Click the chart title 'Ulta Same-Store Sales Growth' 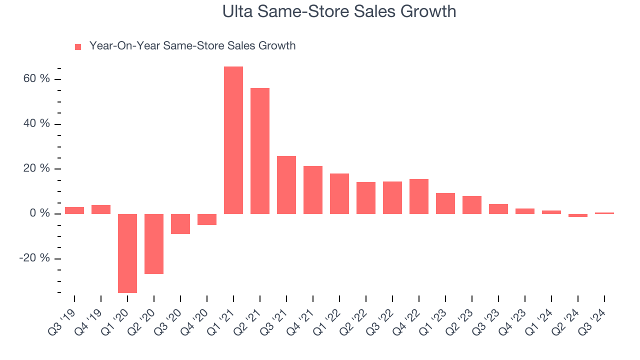(339, 11)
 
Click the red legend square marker (78, 47)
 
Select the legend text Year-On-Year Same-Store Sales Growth (192, 46)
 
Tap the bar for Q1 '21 (233, 140)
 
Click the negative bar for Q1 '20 (127, 253)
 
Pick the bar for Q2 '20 (154, 244)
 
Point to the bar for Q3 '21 (286, 185)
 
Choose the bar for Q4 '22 (419, 196)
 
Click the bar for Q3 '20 (180, 224)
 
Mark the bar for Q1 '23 (445, 203)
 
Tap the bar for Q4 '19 (101, 209)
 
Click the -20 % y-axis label (35, 258)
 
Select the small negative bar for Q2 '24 (578, 215)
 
